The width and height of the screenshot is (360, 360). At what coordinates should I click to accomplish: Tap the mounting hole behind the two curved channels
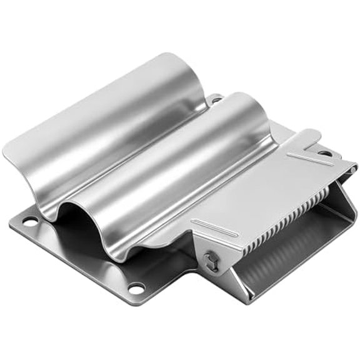(216, 99)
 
